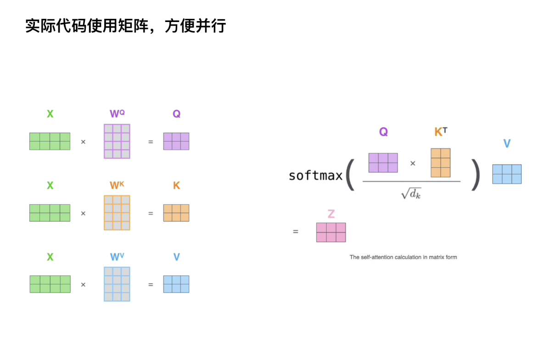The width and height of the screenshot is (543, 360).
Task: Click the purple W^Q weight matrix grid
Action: [x=117, y=141]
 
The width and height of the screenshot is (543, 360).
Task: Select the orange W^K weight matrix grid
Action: [x=117, y=213]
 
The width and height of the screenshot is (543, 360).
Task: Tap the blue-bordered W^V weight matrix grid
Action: [x=117, y=284]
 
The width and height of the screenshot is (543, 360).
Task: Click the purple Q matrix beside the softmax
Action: [x=383, y=163]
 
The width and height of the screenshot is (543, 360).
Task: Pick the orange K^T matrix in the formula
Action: [x=440, y=163]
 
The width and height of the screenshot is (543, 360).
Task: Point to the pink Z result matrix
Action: [x=330, y=233]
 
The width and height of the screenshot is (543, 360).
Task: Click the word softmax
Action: [x=315, y=176]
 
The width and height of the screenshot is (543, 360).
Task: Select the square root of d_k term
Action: [x=411, y=194]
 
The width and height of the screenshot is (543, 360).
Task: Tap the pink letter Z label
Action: [x=331, y=214]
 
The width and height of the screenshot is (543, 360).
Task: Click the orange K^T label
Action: [x=440, y=132]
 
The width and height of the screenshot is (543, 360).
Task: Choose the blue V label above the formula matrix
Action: [x=507, y=144]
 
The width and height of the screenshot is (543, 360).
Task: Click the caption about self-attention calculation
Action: [x=403, y=257]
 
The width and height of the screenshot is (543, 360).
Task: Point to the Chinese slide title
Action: [x=125, y=26]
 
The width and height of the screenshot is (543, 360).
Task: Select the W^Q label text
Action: [x=117, y=114]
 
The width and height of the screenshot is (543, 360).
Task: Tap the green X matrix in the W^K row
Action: [x=50, y=213]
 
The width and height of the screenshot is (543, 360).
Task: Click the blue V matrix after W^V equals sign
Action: [x=176, y=284]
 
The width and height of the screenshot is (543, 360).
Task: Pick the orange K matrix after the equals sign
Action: [x=176, y=213]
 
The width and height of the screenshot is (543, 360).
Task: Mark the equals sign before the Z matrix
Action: [x=296, y=232]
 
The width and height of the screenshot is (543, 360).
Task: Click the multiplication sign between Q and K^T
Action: [x=413, y=163]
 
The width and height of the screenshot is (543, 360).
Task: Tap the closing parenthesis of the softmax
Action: [x=476, y=175]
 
